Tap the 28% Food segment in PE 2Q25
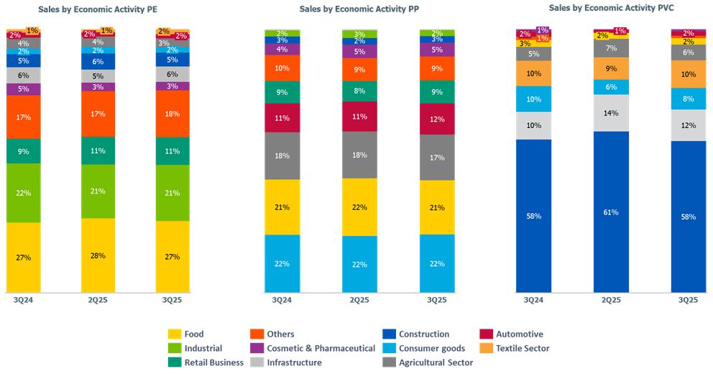(98, 255)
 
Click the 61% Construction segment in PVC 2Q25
(611, 212)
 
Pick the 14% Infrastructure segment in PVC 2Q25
(611, 113)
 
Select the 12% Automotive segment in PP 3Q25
(437, 119)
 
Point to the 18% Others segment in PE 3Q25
(172, 113)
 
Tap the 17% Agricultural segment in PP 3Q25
(437, 157)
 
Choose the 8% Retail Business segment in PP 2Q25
(359, 91)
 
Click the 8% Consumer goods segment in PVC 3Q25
(689, 99)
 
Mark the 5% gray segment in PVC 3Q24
(533, 54)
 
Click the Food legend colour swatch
(174, 334)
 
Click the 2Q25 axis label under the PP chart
(359, 300)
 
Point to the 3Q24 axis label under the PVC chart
(533, 300)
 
